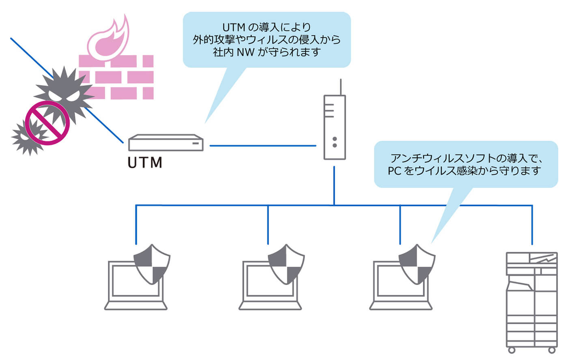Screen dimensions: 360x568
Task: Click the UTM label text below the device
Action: coord(145,163)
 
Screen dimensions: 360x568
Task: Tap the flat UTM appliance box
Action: coord(166,143)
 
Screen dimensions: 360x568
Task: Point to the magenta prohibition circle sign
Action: coord(47,123)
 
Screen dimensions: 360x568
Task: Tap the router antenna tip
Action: coord(340,81)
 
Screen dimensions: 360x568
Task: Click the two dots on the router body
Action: coord(335,142)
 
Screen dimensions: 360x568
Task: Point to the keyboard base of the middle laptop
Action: coord(270,305)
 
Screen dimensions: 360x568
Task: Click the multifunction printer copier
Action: coord(531,300)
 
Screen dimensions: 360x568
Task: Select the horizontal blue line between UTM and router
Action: coord(262,146)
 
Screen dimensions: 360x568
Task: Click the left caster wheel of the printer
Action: coord(512,350)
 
